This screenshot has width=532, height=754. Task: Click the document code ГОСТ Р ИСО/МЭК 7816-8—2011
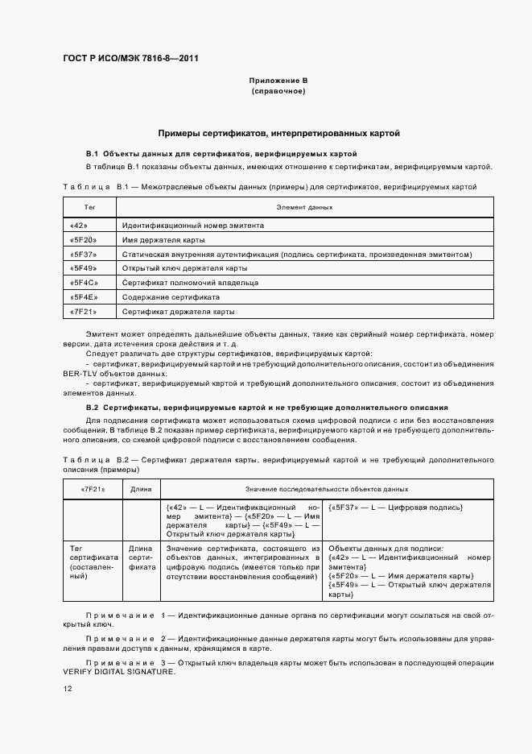130,59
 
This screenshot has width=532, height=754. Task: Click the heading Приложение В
278,81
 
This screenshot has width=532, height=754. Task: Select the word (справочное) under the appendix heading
278,92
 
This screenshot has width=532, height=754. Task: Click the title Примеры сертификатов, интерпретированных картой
278,133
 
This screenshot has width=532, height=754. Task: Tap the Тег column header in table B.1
90,208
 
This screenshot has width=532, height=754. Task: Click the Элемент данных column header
304,208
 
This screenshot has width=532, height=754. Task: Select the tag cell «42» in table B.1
79,226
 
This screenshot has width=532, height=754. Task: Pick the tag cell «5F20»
83,240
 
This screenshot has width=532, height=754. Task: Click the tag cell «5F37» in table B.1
83,254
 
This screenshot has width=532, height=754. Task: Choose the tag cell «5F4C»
83,283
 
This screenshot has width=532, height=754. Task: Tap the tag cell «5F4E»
83,296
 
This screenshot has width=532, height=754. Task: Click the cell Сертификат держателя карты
178,311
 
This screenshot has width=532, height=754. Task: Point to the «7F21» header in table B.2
92,489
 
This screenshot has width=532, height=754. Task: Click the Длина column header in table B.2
140,489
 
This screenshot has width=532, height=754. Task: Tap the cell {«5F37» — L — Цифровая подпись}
395,507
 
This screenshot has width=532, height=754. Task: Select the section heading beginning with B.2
278,408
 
